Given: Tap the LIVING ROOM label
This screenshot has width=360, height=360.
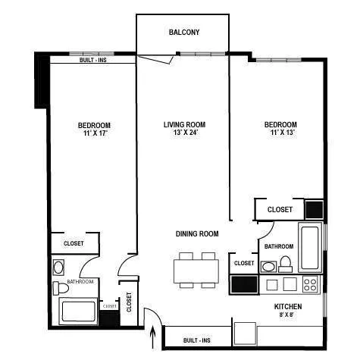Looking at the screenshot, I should click(184, 124).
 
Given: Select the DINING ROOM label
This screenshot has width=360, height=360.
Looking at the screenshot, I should click(197, 234).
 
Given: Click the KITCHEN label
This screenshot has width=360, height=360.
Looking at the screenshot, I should click(288, 306).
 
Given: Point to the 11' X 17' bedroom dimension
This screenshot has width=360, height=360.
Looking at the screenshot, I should click(93, 134).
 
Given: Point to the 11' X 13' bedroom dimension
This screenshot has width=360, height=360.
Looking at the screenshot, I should click(280, 134).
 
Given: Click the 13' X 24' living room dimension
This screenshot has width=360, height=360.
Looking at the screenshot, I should click(184, 134).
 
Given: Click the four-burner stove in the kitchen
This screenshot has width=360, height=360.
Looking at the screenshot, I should click(311, 284).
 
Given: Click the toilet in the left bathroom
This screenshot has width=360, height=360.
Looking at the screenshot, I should click(58, 288).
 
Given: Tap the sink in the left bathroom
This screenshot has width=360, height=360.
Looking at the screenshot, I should click(59, 267).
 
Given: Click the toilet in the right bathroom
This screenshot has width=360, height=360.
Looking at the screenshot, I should click(286, 263).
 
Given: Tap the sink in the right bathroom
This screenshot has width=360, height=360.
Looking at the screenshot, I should click(268, 266).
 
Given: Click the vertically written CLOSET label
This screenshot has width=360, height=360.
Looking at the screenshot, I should click(129, 302).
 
